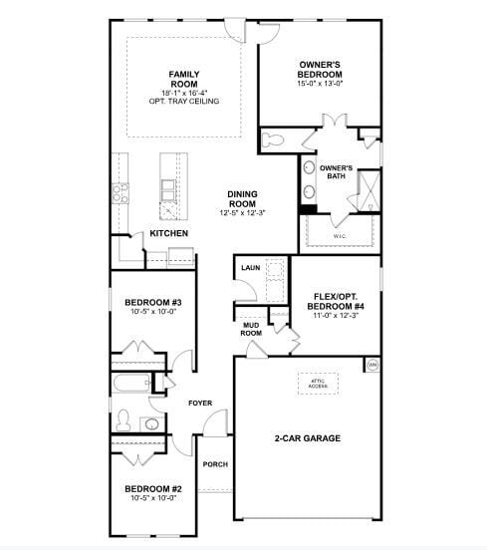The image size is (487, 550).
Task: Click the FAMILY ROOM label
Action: click(183, 80)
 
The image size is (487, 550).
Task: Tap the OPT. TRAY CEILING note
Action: click(183, 101)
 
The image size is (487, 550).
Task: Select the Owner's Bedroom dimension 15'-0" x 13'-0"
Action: click(320, 84)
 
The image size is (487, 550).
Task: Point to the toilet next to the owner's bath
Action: click(274, 140)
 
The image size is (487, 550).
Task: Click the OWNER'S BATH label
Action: click(337, 172)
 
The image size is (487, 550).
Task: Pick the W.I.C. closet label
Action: click(339, 236)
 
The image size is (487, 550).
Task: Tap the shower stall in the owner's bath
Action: click(367, 189)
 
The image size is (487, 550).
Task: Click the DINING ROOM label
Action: click(242, 199)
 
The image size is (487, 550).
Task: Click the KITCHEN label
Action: click(168, 233)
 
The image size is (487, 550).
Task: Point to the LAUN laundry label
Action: click(250, 268)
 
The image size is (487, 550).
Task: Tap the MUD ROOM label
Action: click(251, 330)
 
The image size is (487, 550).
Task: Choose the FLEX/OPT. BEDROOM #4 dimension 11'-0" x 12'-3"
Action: click(334, 315)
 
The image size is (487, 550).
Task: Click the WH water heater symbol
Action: click(373, 366)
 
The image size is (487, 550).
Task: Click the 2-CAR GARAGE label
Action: click(308, 437)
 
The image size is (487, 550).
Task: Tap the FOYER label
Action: click(200, 403)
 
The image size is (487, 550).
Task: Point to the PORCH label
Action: click(214, 464)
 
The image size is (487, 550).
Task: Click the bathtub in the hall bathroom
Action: click(129, 383)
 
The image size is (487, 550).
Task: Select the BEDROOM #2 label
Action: click(152, 488)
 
